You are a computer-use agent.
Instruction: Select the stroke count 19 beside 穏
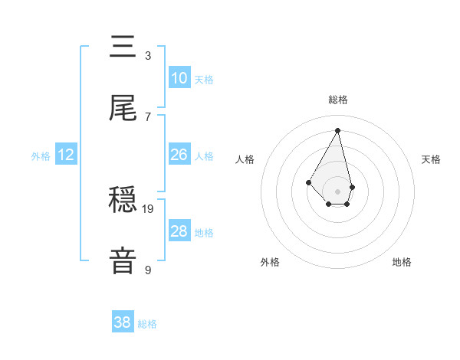coord(149,208)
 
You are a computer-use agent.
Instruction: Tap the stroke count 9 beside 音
coord(147,270)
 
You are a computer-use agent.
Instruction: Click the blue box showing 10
coord(179,78)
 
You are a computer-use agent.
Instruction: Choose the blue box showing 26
coord(179,155)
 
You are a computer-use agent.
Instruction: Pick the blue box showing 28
coord(179,231)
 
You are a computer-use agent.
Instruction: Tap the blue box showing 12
coord(66,155)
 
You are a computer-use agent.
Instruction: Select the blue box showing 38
coord(123,322)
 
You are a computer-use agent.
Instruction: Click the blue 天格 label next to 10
coord(204,80)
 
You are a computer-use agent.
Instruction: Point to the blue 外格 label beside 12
coord(41,156)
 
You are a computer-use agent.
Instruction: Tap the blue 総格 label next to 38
coord(147,324)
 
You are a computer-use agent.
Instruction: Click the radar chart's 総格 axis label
coord(337,100)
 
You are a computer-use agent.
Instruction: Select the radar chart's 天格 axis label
coord(431,159)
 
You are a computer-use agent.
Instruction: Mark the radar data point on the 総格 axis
coord(337,130)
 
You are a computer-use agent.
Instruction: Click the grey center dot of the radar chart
coord(337,191)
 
